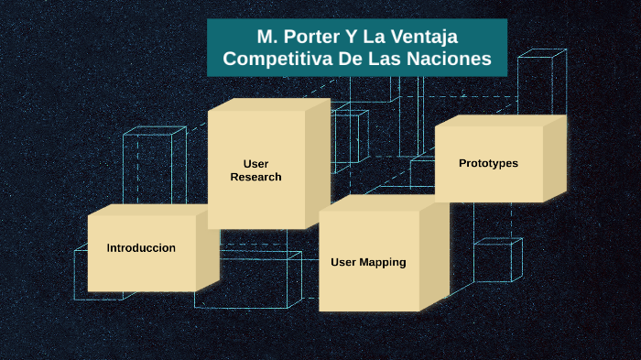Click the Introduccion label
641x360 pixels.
(x=141, y=248)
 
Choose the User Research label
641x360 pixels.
(x=255, y=170)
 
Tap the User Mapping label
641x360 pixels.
(x=368, y=262)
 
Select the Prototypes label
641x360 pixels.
(x=488, y=163)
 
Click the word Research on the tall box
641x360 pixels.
(x=255, y=177)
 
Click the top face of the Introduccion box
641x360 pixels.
(x=151, y=210)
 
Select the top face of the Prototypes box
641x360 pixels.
(x=499, y=120)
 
